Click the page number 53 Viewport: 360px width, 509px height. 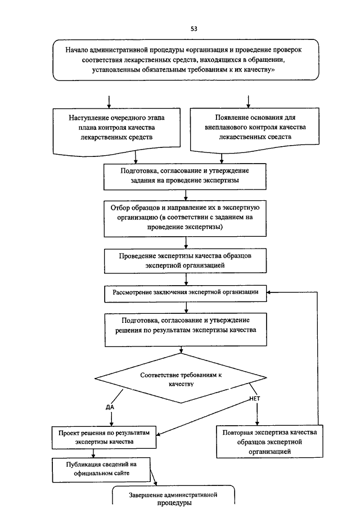194,29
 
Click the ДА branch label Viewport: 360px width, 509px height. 110,407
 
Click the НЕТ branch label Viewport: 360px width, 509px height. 255,398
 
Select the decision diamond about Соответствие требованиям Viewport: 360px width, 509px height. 181,378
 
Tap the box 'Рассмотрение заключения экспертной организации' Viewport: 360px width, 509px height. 186,294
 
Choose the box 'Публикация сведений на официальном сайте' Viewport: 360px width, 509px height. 101,470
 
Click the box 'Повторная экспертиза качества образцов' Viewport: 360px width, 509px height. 270,442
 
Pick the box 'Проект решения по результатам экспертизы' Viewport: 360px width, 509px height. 104,437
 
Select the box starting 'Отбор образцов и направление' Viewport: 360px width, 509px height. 185,218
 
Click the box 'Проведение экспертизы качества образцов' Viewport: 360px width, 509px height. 186,260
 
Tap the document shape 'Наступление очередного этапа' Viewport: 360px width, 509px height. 116,132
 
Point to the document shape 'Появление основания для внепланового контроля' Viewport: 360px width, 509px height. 255,130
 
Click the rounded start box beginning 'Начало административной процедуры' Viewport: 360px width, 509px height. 186,60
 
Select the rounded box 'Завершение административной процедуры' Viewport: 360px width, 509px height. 173,497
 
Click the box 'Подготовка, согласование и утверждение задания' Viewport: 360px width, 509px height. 185,177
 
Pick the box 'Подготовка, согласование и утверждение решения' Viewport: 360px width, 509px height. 186,330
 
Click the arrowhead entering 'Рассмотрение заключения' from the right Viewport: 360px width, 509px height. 269,292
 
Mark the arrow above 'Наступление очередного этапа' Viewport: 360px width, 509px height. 109,102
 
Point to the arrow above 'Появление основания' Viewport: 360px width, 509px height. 248,102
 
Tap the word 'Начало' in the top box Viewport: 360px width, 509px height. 76,50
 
